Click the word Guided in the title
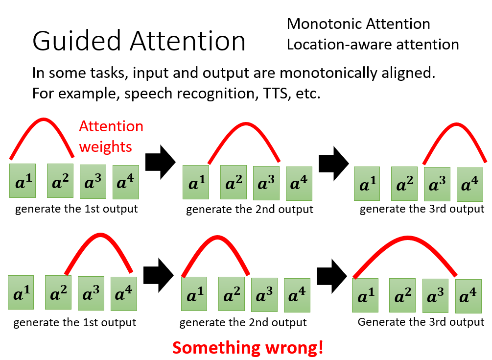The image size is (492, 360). [76, 41]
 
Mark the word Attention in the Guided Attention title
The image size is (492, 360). [187, 41]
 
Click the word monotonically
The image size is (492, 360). [328, 73]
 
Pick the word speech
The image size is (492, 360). [148, 94]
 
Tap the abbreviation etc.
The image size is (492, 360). [308, 94]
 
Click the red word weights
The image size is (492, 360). [105, 147]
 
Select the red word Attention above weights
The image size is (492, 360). [112, 126]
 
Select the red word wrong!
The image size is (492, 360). [294, 348]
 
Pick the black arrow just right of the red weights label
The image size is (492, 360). [161, 162]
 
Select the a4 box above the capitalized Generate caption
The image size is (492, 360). [469, 296]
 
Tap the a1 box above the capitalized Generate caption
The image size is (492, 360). [365, 295]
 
